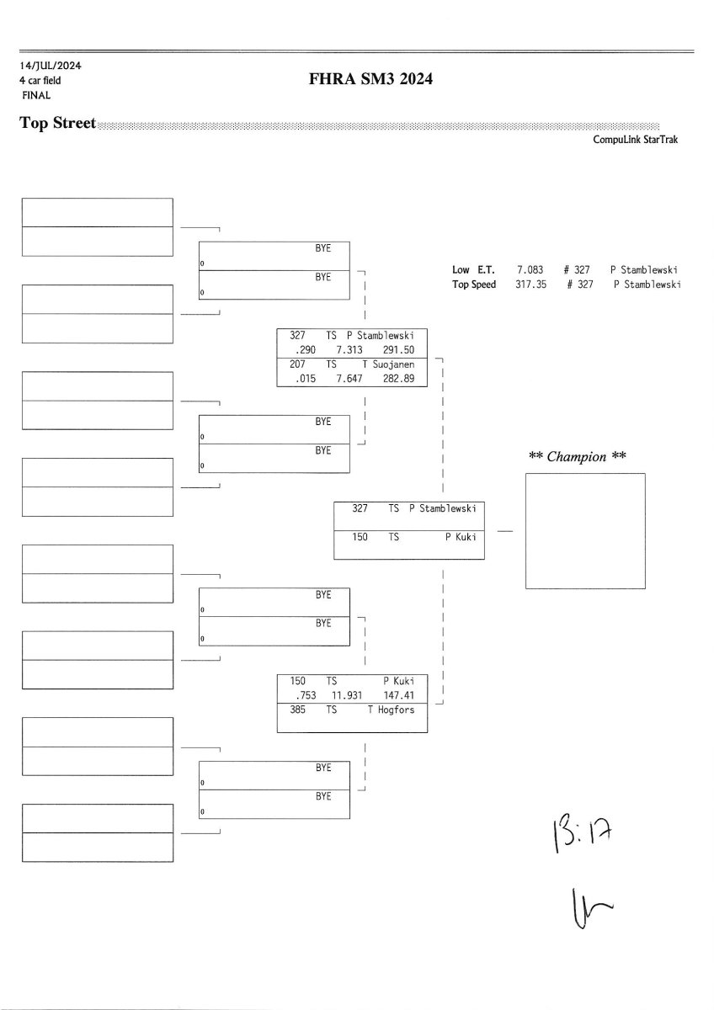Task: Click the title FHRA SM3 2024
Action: (371, 80)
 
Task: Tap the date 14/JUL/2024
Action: (51, 66)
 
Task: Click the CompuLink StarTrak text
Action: (635, 141)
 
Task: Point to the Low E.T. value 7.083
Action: (530, 270)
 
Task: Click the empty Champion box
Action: (585, 531)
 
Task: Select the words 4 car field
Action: (40, 80)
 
